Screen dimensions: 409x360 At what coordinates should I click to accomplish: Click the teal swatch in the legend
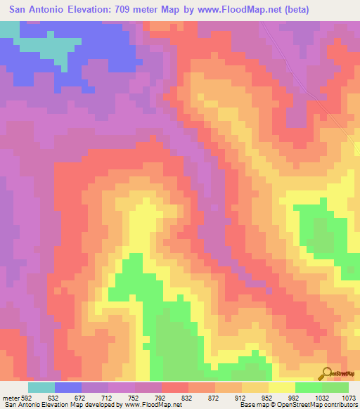[41, 387]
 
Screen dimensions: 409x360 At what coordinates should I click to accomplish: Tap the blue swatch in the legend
[68, 387]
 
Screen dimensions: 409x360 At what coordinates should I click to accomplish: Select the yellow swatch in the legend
[281, 387]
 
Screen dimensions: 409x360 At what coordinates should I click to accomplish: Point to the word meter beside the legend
[11, 398]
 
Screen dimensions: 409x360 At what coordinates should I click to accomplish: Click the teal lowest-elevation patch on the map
[49, 46]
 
